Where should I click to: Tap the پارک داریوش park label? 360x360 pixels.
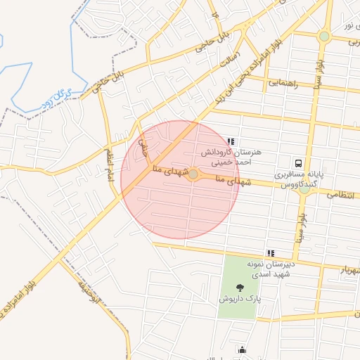click(239, 298)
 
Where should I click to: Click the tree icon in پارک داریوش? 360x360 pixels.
click(240, 286)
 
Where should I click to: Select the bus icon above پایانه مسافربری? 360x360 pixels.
click(299, 161)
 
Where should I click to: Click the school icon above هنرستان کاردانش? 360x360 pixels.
click(231, 141)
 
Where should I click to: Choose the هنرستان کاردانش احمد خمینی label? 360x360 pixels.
click(231, 157)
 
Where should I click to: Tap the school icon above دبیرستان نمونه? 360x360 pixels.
click(270, 252)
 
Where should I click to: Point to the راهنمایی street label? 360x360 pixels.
click(283, 83)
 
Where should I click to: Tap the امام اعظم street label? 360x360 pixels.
click(109, 163)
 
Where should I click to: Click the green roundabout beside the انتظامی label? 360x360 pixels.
click(304, 188)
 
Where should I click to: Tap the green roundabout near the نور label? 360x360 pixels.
click(324, 36)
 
